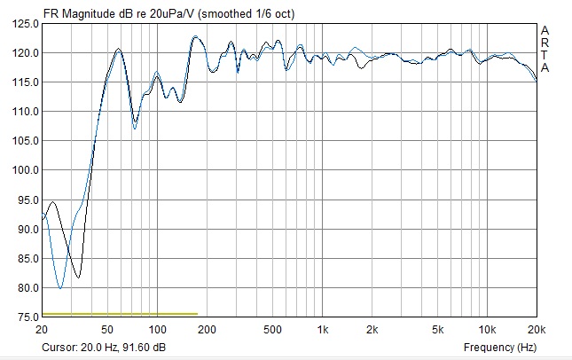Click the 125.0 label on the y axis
point(25,23)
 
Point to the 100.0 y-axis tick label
point(25,170)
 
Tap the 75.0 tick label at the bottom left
point(25,317)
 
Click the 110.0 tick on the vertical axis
point(25,112)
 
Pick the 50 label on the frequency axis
point(106,329)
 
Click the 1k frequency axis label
point(322,329)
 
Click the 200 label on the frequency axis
point(206,329)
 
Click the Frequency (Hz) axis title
point(500,347)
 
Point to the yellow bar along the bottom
point(120,314)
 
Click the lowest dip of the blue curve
point(60,287)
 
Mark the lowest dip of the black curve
point(78,278)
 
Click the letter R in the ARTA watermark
point(545,43)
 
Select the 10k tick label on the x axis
point(486,329)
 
